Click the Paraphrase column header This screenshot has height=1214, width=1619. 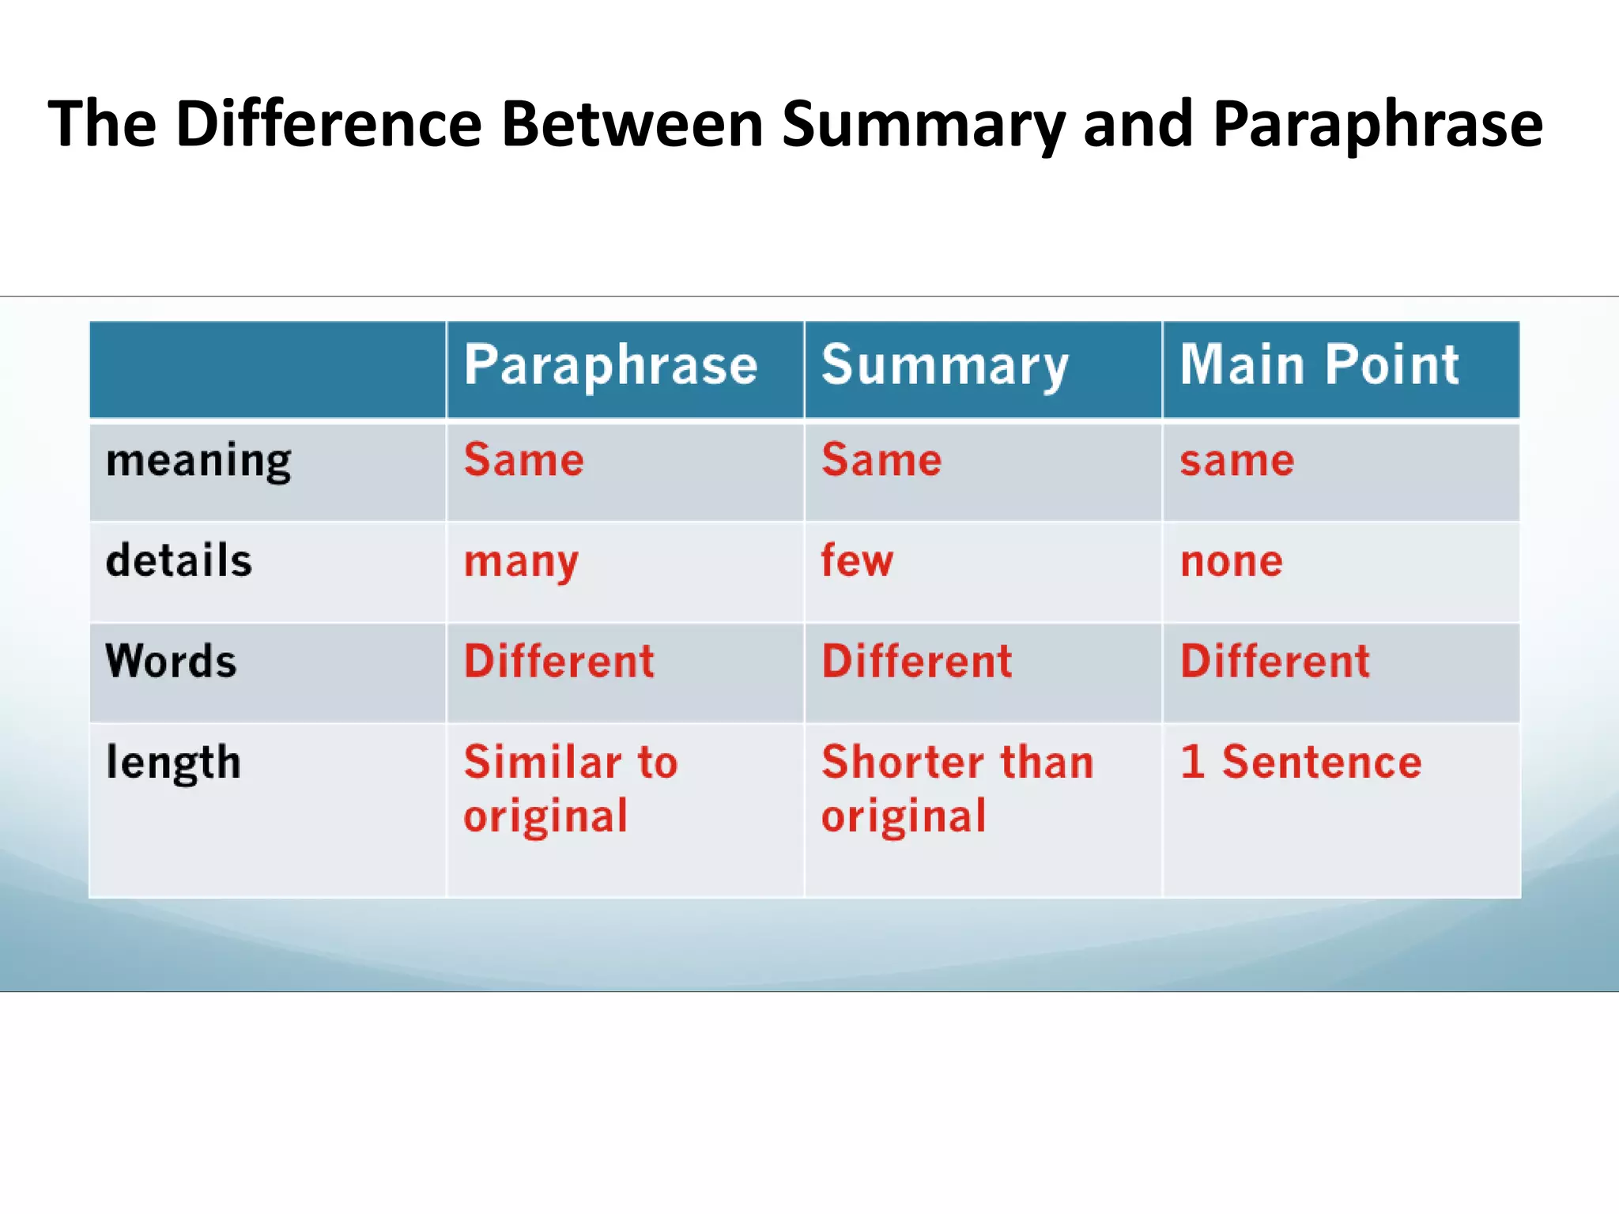click(610, 366)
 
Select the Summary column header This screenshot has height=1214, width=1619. click(945, 366)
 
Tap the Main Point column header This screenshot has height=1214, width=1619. click(1319, 366)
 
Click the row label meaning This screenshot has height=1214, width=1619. click(198, 461)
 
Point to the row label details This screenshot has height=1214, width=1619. click(179, 561)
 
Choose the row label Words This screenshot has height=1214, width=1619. click(172, 662)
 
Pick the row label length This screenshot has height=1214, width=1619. click(173, 763)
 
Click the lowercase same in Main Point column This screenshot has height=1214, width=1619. click(1237, 461)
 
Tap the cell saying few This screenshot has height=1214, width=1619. click(857, 561)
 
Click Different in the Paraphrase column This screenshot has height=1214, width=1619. click(559, 662)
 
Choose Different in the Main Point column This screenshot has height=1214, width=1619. click(1274, 662)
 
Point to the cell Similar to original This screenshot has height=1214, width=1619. click(569, 789)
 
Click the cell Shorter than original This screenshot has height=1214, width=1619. click(957, 789)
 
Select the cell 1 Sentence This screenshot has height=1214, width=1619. click(1300, 763)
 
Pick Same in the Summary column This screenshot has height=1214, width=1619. click(881, 461)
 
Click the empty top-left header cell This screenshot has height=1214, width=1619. click(267, 369)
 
